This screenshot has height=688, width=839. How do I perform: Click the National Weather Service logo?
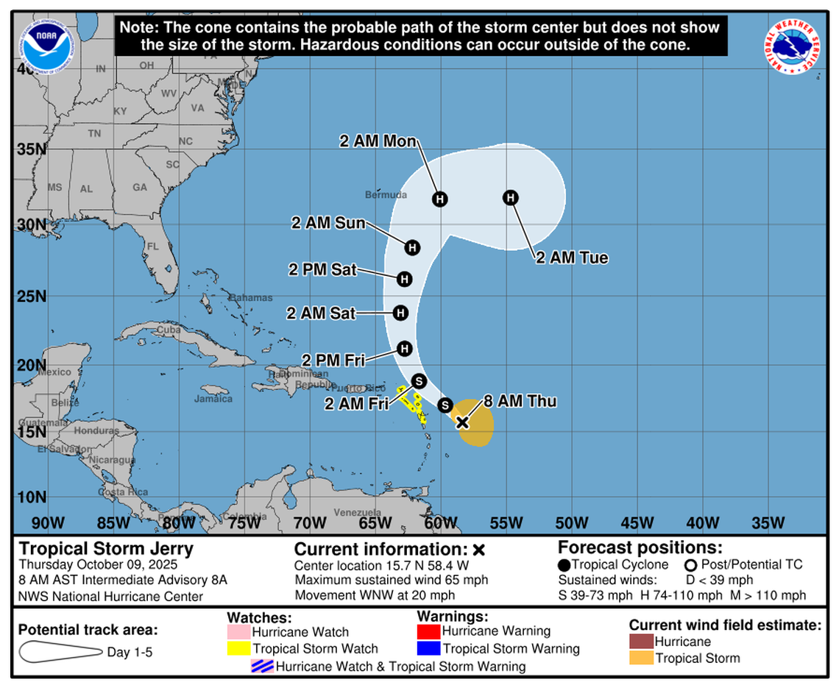(792, 45)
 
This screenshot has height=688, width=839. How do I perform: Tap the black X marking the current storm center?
(462, 422)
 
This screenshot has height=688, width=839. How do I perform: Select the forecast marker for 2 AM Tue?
(511, 197)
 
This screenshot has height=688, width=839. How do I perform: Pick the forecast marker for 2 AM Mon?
(440, 199)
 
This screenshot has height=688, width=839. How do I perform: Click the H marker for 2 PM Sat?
(404, 279)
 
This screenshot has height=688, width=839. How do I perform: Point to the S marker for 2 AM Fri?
(419, 380)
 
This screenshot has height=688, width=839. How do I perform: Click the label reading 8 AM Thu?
(520, 402)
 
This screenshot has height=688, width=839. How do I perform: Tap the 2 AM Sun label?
(328, 223)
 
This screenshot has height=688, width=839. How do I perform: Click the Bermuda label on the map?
(386, 195)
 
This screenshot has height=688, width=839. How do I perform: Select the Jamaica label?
(213, 399)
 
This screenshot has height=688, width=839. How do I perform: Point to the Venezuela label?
(357, 512)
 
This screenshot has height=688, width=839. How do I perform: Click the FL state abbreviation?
(153, 247)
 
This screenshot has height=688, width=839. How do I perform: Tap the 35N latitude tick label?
(30, 149)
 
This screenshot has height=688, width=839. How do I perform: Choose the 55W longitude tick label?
(506, 523)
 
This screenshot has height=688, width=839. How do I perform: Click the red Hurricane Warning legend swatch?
(428, 631)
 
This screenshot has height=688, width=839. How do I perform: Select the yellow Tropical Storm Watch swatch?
(239, 649)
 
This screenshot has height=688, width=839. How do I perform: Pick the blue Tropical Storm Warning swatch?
(428, 649)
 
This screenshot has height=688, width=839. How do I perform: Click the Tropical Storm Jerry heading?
(106, 549)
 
